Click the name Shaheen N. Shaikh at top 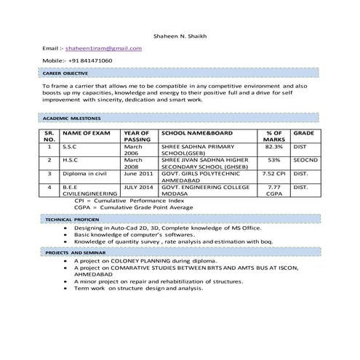(x=180, y=36)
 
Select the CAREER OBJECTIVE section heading (x=65, y=73)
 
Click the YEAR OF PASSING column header (x=137, y=136)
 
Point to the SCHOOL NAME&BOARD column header (x=196, y=133)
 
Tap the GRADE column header (x=303, y=133)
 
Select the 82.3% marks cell (x=273, y=146)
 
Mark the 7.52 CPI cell (x=273, y=174)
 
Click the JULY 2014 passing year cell (x=138, y=187)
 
